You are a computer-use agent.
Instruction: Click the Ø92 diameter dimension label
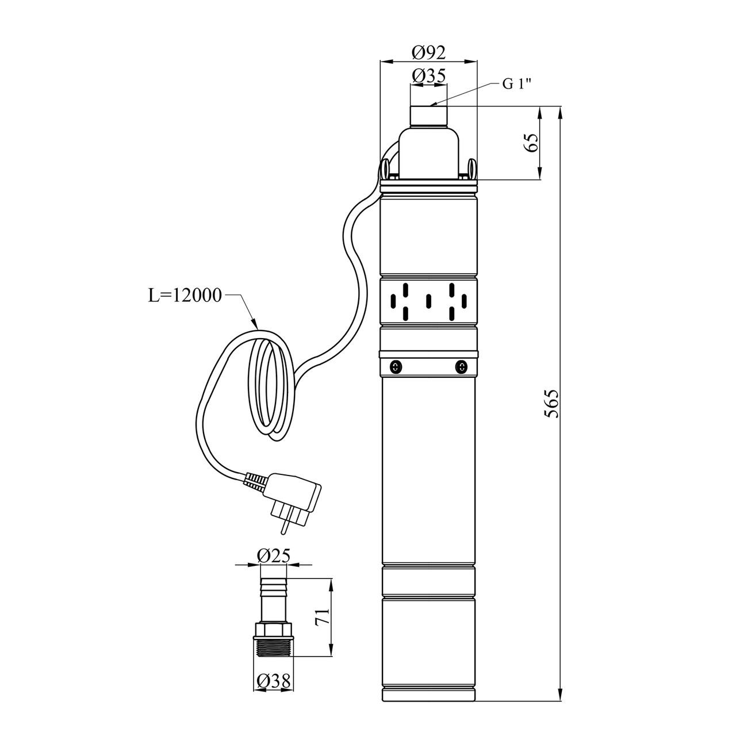tap(429, 53)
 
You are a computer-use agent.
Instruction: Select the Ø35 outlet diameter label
tap(429, 76)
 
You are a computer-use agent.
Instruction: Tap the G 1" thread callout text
tap(517, 84)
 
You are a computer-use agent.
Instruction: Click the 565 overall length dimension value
tap(551, 404)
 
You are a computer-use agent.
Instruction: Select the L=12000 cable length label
tap(184, 296)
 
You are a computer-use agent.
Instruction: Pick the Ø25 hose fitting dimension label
tap(274, 555)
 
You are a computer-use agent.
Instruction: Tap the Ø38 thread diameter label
tap(273, 682)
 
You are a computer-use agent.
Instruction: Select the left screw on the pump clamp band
tap(396, 366)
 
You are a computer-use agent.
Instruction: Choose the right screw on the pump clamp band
tap(461, 366)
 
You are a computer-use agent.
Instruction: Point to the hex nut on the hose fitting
tap(274, 628)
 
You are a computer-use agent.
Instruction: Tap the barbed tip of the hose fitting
tap(274, 586)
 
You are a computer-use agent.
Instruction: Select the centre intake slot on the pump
tap(428, 301)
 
